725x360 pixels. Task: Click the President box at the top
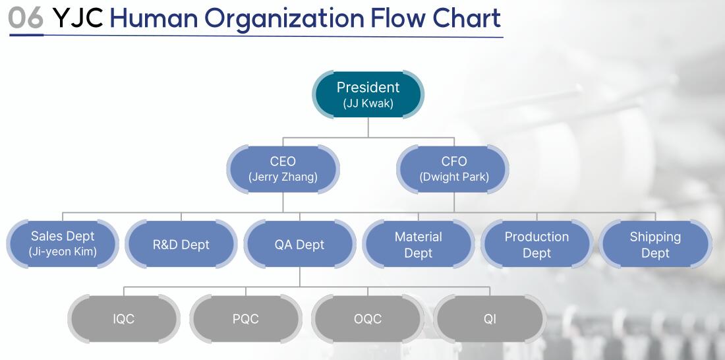coord(368,94)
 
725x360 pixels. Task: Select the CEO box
coord(283,169)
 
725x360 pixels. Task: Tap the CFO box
coord(453,169)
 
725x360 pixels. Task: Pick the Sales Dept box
coord(63,244)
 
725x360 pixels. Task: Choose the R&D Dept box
coord(181,244)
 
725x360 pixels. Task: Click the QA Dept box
coord(300,244)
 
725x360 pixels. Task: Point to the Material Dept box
coord(419,244)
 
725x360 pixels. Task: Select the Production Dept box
coord(536,244)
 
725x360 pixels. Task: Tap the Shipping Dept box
coord(655,244)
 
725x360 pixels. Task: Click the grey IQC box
coord(124,319)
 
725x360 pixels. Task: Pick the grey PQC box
coord(246,319)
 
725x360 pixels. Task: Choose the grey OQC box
coord(368,319)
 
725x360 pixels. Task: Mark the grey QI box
coord(490,319)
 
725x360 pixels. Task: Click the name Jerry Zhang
coord(283,177)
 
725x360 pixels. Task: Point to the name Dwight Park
coord(454,177)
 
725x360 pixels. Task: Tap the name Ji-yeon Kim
coord(63,252)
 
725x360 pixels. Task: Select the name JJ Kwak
coord(368,103)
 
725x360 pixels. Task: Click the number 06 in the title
coord(26,18)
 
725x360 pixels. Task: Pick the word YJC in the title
coord(78,18)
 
